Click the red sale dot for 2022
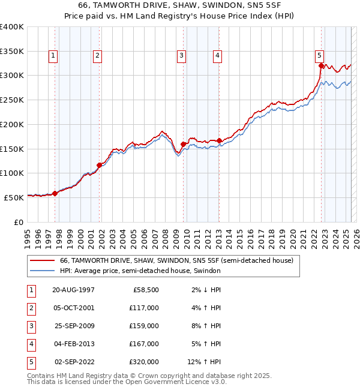coord(321,66)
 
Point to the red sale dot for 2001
coord(100,165)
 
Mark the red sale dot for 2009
coord(183,144)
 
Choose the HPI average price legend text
coord(140,271)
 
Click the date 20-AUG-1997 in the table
coord(73,289)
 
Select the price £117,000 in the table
coord(144,307)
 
